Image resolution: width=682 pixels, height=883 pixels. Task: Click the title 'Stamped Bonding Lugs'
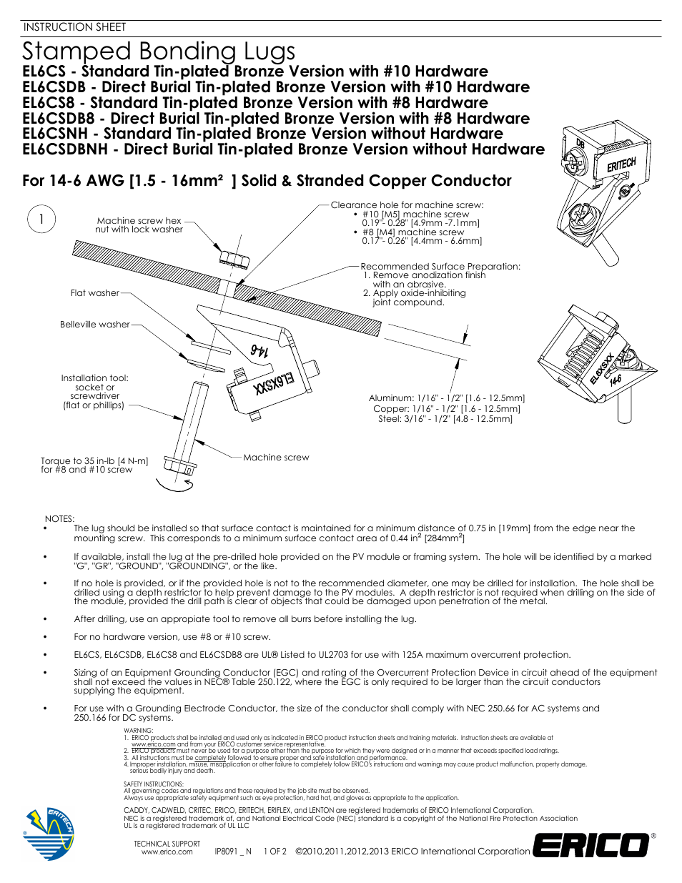pyautogui.click(x=158, y=51)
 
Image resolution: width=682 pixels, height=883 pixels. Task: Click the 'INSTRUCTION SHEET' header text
pyautogui.click(x=74, y=27)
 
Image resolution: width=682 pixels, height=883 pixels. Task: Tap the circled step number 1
pyautogui.click(x=41, y=219)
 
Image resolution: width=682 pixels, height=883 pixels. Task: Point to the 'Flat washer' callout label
pyautogui.click(x=94, y=292)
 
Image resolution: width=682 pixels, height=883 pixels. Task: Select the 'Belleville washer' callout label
pyautogui.click(x=94, y=324)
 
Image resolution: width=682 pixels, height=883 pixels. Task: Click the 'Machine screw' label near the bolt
pyautogui.click(x=276, y=457)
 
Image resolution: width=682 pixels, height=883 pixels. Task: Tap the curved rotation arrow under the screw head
pyautogui.click(x=174, y=485)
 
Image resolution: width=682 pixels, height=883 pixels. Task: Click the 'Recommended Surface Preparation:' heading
pyautogui.click(x=440, y=266)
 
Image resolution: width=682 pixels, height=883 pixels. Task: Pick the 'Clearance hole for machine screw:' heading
pyautogui.click(x=407, y=204)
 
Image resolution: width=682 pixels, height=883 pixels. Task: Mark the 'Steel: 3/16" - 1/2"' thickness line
pyautogui.click(x=445, y=419)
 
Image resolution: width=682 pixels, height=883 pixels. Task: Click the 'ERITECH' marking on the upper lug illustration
pyautogui.click(x=621, y=165)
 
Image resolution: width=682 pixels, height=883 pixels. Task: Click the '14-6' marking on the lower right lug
pyautogui.click(x=615, y=381)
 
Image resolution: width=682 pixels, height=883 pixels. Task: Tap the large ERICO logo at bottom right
pyautogui.click(x=591, y=846)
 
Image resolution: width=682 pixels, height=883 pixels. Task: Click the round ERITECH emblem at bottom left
pyautogui.click(x=50, y=834)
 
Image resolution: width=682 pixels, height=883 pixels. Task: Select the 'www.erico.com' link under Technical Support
pyautogui.click(x=167, y=852)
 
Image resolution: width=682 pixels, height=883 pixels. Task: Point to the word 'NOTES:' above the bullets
pyautogui.click(x=59, y=518)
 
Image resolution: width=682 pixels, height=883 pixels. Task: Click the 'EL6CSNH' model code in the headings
pyautogui.click(x=55, y=134)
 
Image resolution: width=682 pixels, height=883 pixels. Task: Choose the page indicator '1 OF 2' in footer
pyautogui.click(x=275, y=852)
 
